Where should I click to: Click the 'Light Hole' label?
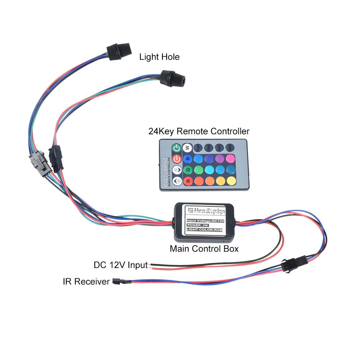pos(159,57)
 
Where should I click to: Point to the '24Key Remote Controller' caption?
pos(199,131)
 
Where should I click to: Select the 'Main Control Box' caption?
pos(204,248)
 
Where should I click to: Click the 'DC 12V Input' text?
pos(121,265)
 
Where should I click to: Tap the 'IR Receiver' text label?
pos(86,282)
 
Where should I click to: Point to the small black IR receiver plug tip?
pos(116,281)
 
